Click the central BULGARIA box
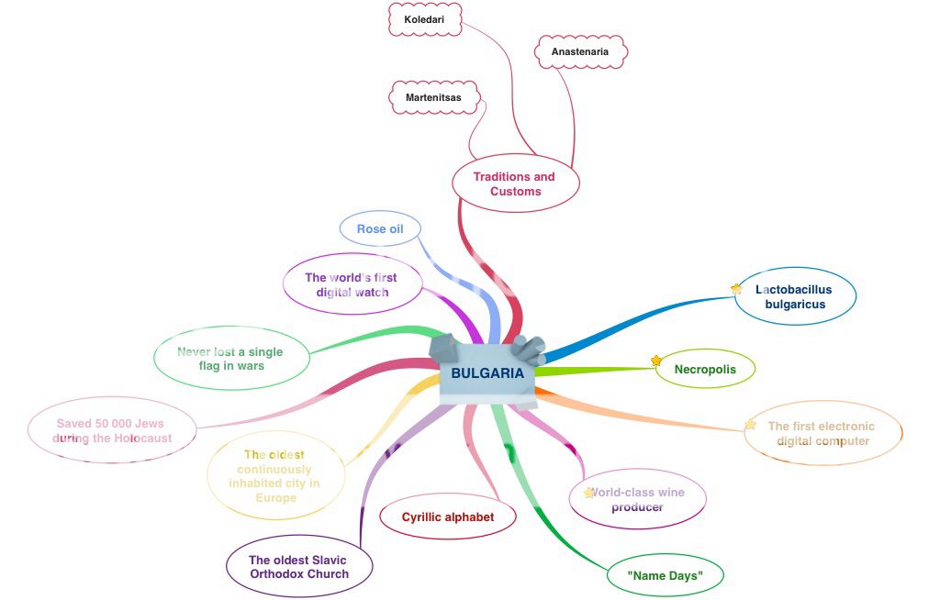click(487, 373)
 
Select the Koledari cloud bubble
click(424, 18)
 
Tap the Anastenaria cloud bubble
click(580, 51)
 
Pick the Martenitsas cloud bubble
click(433, 96)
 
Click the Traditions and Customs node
click(515, 184)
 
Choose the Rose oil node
click(380, 228)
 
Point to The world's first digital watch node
click(352, 284)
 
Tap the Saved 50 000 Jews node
click(113, 430)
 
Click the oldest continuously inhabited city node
click(274, 475)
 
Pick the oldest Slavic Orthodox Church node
click(299, 567)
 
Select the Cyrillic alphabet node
click(448, 517)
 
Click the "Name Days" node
click(665, 576)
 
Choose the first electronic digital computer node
click(822, 433)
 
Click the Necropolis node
click(705, 370)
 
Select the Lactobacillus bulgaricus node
click(795, 296)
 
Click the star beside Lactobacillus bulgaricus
click(736, 289)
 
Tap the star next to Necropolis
click(656, 361)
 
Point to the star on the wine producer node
click(589, 493)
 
